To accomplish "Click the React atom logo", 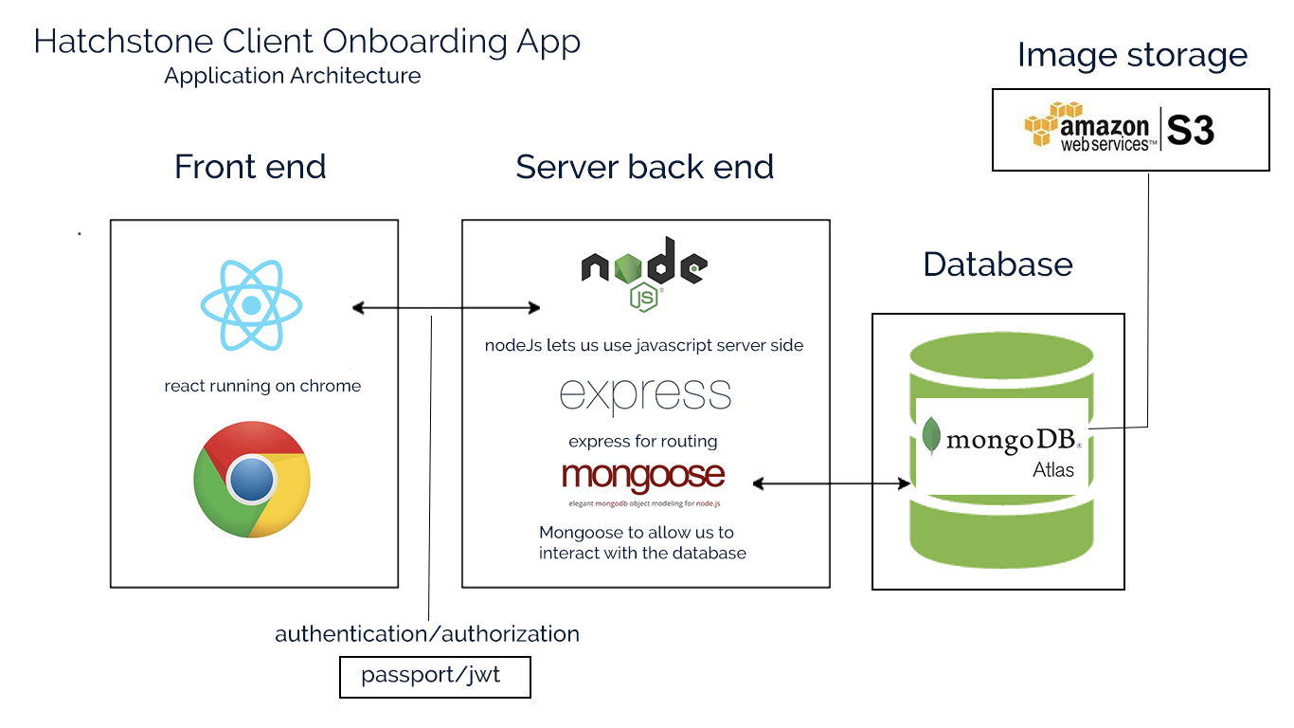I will pyautogui.click(x=251, y=305).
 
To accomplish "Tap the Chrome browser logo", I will pyautogui.click(x=251, y=480).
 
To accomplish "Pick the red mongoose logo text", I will pyautogui.click(x=643, y=477).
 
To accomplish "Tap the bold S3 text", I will pyautogui.click(x=1191, y=131).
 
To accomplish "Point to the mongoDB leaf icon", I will pyautogui.click(x=932, y=436).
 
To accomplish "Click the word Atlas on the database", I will pyautogui.click(x=1053, y=469).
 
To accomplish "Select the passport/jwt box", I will pyautogui.click(x=435, y=677).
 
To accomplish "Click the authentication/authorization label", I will pyautogui.click(x=427, y=633).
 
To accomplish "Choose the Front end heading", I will pyautogui.click(x=250, y=167).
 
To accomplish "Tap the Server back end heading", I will pyautogui.click(x=644, y=167).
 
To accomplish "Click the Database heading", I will pyautogui.click(x=997, y=264).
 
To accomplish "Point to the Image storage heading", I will pyautogui.click(x=1132, y=55).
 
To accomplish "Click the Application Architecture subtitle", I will pyautogui.click(x=293, y=76).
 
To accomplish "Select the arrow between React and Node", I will pyautogui.click(x=445, y=307).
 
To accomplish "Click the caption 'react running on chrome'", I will pyautogui.click(x=262, y=386).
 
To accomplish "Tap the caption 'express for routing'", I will pyautogui.click(x=643, y=441).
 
